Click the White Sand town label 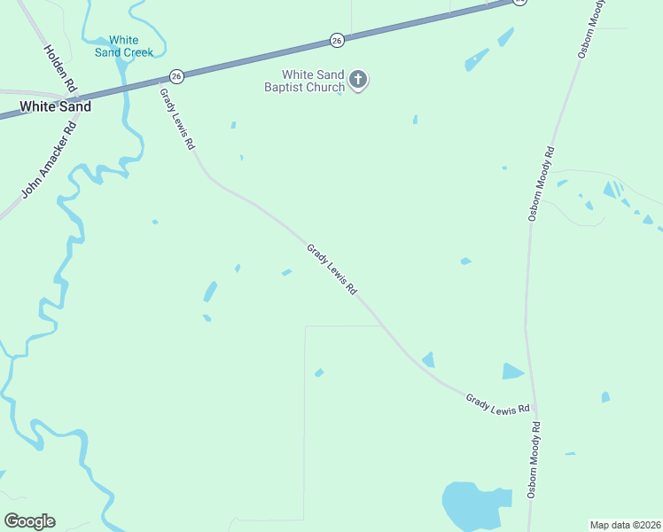(x=56, y=106)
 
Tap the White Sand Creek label (x=124, y=46)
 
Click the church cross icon (x=358, y=81)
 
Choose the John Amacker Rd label (x=49, y=160)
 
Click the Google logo (x=29, y=521)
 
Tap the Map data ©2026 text (x=625, y=525)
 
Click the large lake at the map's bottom (x=470, y=504)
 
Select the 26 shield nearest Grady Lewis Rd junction (x=177, y=76)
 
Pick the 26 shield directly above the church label (x=336, y=40)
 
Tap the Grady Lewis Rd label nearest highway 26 (x=176, y=118)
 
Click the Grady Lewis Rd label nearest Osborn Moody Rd (x=497, y=403)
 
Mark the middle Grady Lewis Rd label (x=331, y=270)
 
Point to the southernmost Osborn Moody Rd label (x=534, y=459)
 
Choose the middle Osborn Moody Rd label (x=541, y=183)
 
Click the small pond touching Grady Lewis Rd (x=428, y=359)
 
